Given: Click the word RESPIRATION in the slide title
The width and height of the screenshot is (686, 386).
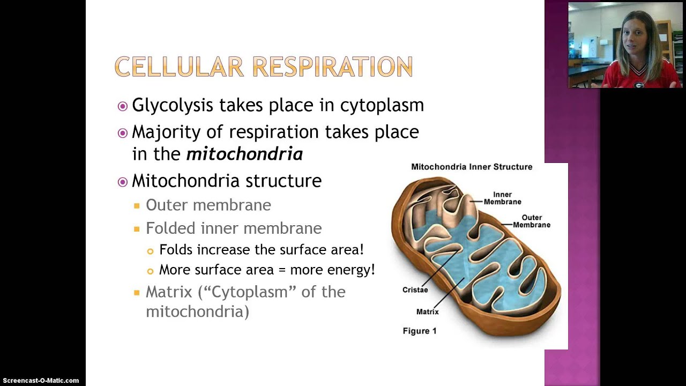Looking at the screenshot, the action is click(332, 67).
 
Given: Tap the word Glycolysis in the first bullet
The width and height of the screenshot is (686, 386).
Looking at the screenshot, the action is click(170, 105).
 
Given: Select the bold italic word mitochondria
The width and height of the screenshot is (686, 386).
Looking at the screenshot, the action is click(244, 154).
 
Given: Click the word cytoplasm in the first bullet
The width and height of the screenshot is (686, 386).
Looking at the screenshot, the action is click(382, 105).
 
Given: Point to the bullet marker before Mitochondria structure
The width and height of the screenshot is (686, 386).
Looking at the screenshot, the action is click(123, 181).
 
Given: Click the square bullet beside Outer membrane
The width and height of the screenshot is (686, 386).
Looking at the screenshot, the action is click(137, 205).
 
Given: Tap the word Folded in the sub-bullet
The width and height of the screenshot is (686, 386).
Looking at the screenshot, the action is click(171, 228).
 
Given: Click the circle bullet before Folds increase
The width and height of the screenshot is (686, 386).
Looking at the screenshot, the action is click(150, 250).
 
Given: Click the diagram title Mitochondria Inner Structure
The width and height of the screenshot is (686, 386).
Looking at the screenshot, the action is click(472, 167).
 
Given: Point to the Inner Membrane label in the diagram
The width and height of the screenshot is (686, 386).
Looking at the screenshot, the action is click(502, 198).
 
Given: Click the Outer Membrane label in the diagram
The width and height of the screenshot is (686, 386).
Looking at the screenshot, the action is click(531, 221).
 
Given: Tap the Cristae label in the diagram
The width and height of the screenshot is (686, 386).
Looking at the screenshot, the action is click(415, 290).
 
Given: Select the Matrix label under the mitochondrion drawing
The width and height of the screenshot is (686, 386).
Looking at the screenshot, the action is click(427, 311).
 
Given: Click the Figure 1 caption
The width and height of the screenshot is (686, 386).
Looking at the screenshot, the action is click(420, 331).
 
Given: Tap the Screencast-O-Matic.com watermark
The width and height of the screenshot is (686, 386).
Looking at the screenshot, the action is click(40, 381).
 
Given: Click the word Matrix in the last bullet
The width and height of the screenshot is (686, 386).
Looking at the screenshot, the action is click(169, 292).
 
